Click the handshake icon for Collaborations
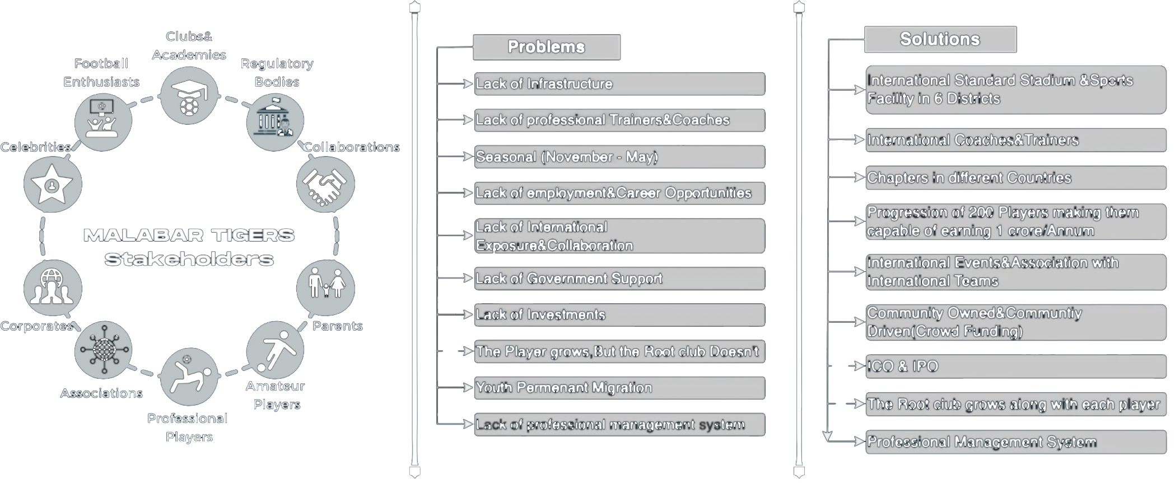tap(325, 185)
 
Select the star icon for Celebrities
tap(53, 185)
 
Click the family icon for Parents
tap(325, 287)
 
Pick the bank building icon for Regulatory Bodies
tap(275, 121)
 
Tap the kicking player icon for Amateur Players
tap(275, 351)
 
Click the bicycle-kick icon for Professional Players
tap(189, 377)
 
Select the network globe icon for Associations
tap(104, 350)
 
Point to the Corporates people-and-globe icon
tap(53, 288)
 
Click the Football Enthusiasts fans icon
tap(103, 121)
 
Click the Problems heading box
tap(546, 47)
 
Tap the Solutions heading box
tap(940, 39)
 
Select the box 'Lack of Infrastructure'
tap(619, 84)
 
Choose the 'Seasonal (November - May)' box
tap(619, 157)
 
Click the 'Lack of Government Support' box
tap(619, 279)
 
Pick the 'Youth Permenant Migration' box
tap(619, 388)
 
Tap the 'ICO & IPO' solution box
tap(1015, 366)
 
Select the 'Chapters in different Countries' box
tap(1015, 178)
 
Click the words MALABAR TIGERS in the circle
tap(189, 235)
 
